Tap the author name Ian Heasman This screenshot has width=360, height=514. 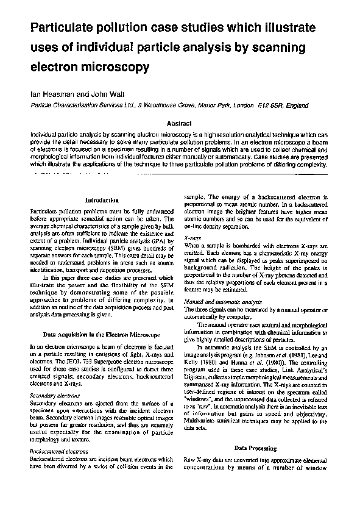[x=50, y=95]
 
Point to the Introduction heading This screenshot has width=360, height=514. [x=102, y=199]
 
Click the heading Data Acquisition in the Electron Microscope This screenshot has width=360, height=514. [x=102, y=334]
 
